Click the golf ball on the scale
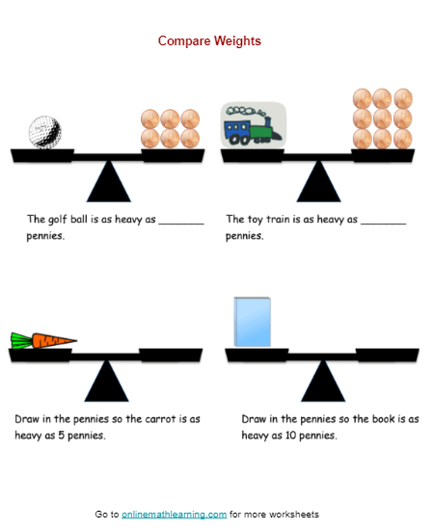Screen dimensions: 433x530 point(45,132)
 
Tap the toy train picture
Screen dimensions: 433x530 point(254,125)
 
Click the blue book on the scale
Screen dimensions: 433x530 point(253,322)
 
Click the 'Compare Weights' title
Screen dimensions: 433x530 point(209,40)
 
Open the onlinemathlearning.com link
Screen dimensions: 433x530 point(174,515)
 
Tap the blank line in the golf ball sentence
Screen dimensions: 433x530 point(181,224)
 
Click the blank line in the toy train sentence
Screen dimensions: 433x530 point(383,224)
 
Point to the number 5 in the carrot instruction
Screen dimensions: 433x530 point(61,435)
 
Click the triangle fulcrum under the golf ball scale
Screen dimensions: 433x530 point(109,181)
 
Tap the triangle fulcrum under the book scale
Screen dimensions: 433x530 point(323,381)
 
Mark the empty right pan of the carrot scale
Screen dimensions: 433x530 point(171,355)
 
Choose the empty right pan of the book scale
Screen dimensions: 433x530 point(388,355)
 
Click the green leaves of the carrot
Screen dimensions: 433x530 point(21,340)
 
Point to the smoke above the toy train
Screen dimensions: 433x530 point(245,111)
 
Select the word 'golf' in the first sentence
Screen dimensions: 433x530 point(57,220)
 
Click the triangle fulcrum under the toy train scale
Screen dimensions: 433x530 point(318,181)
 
